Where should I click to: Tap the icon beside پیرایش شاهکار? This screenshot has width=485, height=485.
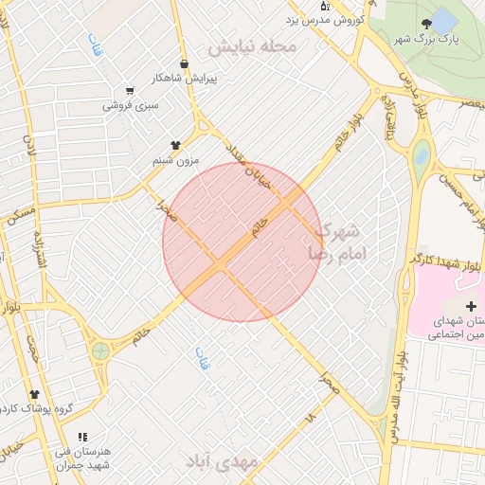pos(183,64)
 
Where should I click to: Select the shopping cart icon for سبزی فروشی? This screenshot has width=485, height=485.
pos(129,92)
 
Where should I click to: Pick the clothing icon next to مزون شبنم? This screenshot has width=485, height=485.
pos(174,145)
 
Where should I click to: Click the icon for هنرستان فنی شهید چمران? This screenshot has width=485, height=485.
pos(81,437)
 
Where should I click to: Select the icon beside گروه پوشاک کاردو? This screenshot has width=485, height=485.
pos(35,394)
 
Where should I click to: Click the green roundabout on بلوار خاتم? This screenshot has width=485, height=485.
pos(100,351)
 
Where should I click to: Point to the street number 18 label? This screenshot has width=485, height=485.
pos(310,417)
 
